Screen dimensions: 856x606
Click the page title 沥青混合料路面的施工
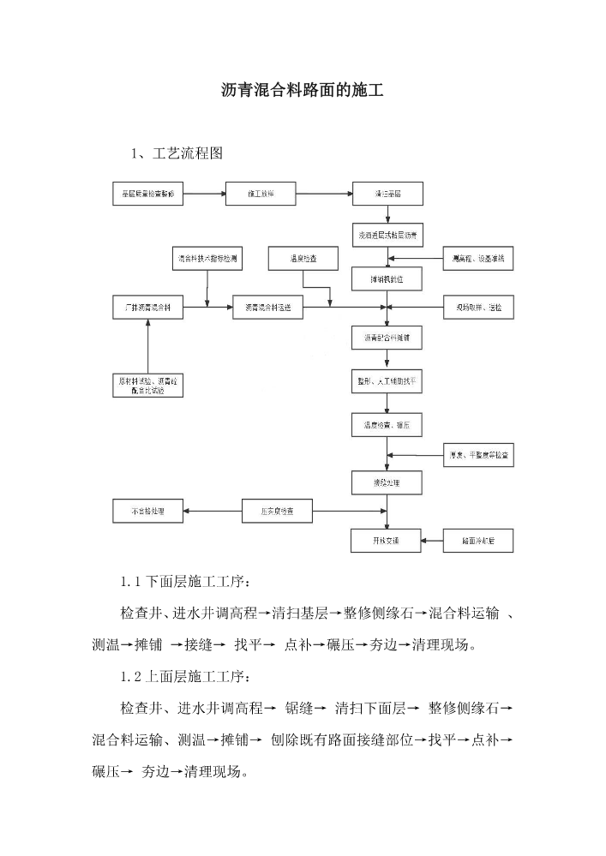coord(302,90)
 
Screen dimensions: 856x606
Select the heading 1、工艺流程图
coord(177,154)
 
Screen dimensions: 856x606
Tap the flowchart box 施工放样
coord(261,195)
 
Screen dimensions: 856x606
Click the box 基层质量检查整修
coord(147,195)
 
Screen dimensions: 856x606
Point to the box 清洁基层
coord(387,195)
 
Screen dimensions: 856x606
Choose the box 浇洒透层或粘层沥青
coord(387,234)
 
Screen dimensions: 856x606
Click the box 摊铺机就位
coord(387,278)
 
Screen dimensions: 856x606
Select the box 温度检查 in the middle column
coord(303,258)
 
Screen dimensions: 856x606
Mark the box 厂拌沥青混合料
coord(147,308)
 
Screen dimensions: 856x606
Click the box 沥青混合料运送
coord(267,308)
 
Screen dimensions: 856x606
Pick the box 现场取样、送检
coord(478,308)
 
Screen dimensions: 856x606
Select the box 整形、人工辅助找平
coord(387,380)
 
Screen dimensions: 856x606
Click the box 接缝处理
coord(387,483)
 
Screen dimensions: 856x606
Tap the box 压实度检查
coord(277,512)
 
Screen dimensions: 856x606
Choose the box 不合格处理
coord(147,512)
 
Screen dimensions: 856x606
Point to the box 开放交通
coord(387,541)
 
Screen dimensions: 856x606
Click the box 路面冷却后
coord(478,541)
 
